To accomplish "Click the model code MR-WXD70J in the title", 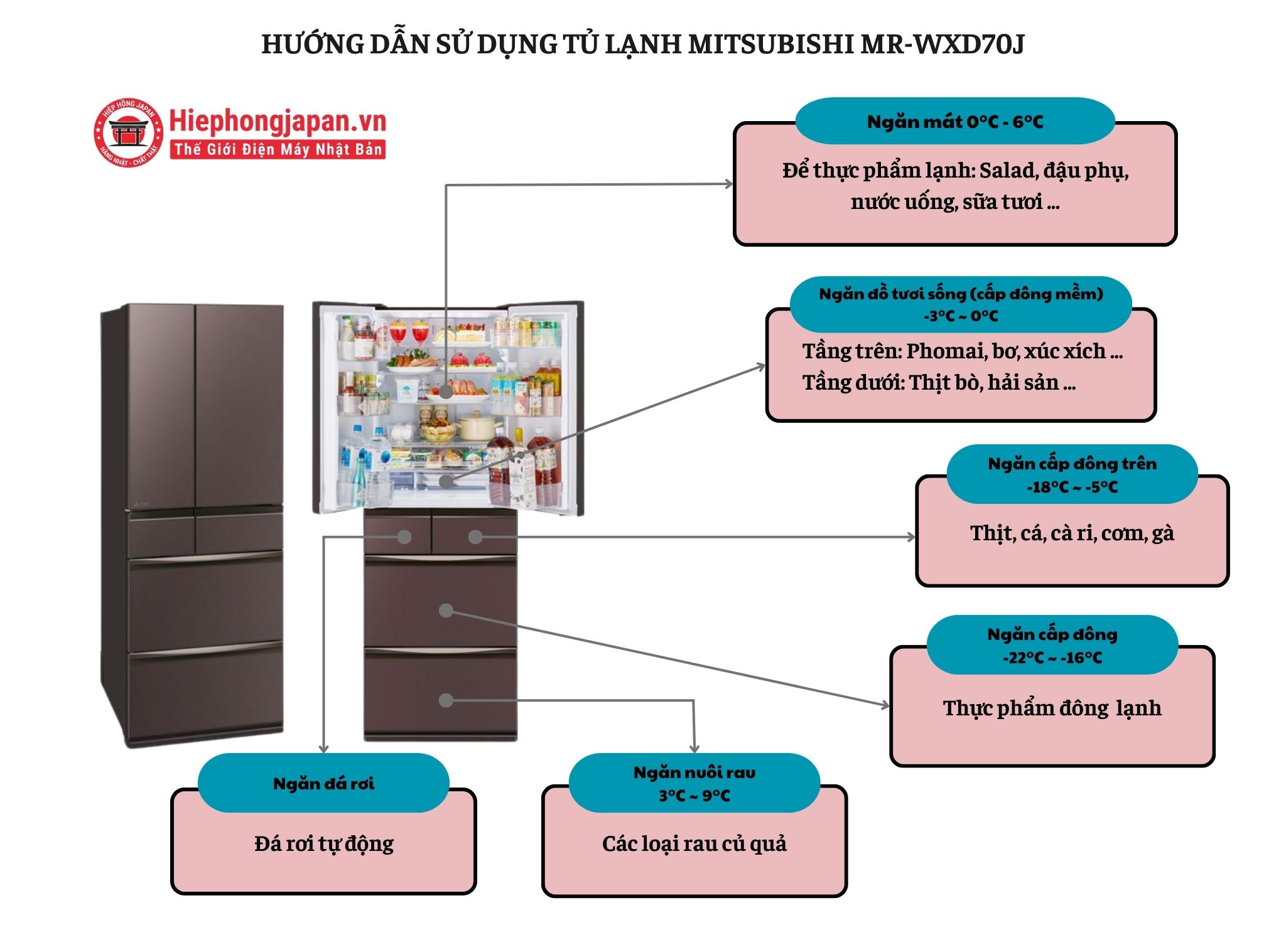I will coord(942,44).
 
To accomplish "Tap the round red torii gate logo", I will coord(128,133).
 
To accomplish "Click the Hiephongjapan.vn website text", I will coord(278,121).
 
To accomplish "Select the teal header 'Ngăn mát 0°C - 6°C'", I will coord(954,122).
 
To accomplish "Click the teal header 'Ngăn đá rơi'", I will coord(323,783).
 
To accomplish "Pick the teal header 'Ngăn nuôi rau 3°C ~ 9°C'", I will coord(694,783).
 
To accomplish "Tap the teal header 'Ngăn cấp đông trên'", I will coord(1072,464).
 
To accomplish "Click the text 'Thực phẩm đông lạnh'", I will coord(1052,708).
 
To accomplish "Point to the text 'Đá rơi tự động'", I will coord(323,843).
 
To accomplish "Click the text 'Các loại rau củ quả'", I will coord(694,843).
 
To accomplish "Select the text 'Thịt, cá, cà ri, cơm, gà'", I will coord(1071,533).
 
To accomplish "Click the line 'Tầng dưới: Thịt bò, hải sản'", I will coord(939,382).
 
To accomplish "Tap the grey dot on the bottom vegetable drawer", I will coord(446,700).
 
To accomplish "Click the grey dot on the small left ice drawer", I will coord(404,537).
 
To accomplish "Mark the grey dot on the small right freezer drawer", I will coord(475,537).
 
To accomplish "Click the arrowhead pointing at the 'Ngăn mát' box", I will coord(729,184).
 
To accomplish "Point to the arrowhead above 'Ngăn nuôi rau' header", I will coord(694,748).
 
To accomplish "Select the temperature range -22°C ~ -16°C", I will coord(1052,658).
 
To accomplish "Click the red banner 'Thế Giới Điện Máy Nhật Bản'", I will coord(278,149).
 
